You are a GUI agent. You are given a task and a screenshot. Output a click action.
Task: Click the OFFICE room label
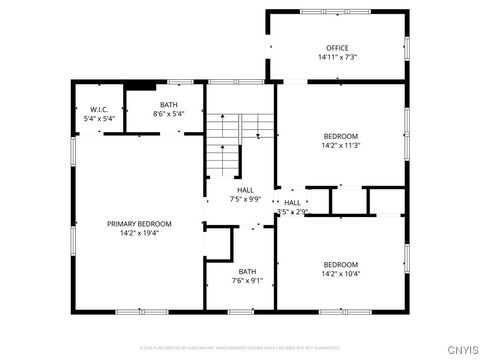click(337, 48)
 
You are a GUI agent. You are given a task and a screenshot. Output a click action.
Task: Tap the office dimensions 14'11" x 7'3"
click(337, 57)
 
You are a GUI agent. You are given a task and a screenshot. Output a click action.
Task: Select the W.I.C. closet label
click(99, 109)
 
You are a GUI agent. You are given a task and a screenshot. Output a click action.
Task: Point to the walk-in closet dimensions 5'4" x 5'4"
click(99, 118)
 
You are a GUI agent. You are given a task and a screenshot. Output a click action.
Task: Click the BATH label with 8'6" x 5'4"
click(168, 104)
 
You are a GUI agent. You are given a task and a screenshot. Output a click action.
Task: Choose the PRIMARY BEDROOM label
click(139, 224)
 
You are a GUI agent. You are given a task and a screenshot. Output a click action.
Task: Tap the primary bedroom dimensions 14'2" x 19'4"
click(139, 233)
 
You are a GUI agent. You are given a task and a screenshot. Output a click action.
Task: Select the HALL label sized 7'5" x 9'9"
click(245, 190)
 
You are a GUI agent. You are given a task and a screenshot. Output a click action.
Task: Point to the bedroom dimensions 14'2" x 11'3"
click(340, 145)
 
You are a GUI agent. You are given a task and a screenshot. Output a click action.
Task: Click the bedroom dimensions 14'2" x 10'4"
click(340, 273)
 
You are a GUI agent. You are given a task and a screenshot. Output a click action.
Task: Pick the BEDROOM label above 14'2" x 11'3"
click(340, 135)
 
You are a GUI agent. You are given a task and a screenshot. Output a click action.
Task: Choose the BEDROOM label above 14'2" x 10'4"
click(340, 264)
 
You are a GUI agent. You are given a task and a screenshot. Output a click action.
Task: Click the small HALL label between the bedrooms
click(292, 203)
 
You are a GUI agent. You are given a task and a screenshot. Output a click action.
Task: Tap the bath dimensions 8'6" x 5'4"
click(168, 113)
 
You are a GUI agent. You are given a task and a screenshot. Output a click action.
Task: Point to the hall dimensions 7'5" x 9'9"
click(245, 199)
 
